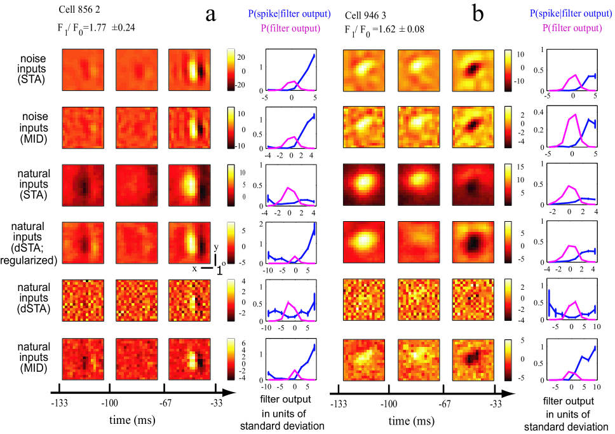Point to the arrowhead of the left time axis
click(x=231, y=393)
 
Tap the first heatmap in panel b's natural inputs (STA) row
click(x=364, y=185)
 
